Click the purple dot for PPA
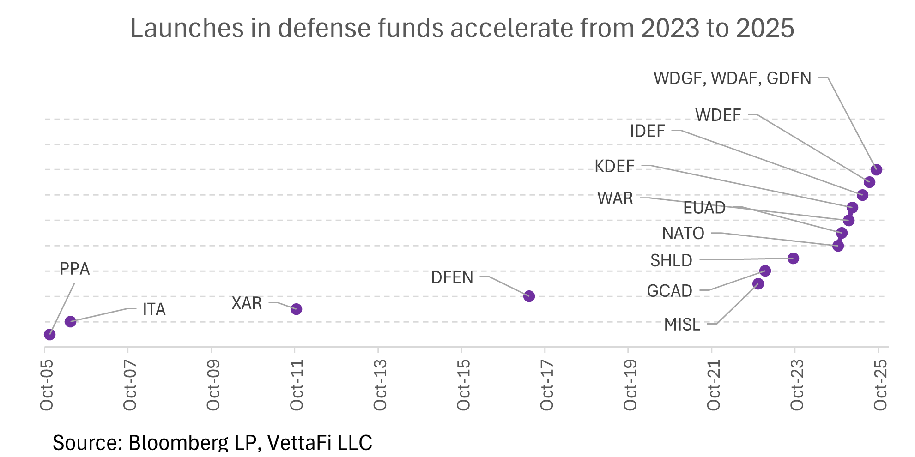point(49,335)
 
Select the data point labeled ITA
point(70,322)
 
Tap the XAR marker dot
point(297,309)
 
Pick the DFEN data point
point(529,296)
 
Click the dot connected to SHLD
point(794,258)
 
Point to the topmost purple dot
point(877,169)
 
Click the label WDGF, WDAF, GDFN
point(733,78)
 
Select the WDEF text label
point(718,115)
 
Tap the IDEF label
point(648,131)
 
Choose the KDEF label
point(614,166)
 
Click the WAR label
point(615,198)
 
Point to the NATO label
point(683,234)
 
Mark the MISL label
point(682,325)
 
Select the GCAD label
point(669,291)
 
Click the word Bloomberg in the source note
point(192,443)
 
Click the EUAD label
point(704,208)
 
